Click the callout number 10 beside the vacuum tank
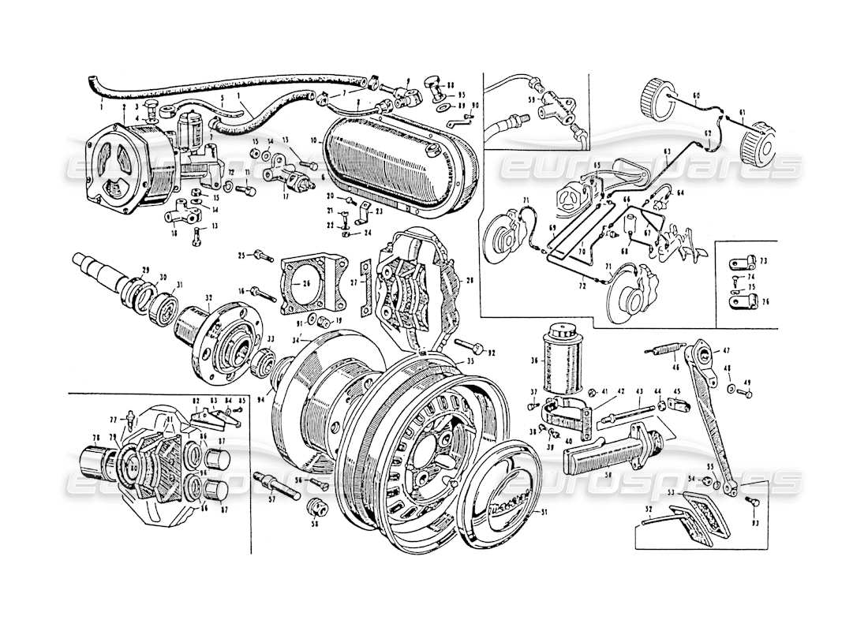pos(315,140)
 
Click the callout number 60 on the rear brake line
pos(695,95)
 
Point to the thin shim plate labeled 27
pos(365,281)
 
